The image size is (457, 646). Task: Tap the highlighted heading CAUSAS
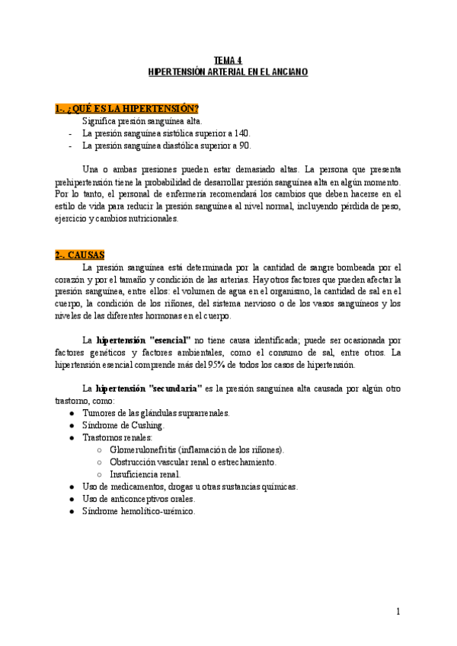80,254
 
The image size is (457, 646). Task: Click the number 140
242,133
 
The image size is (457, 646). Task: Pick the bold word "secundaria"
175,389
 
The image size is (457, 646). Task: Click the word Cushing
146,425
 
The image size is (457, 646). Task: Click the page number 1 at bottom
398,611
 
